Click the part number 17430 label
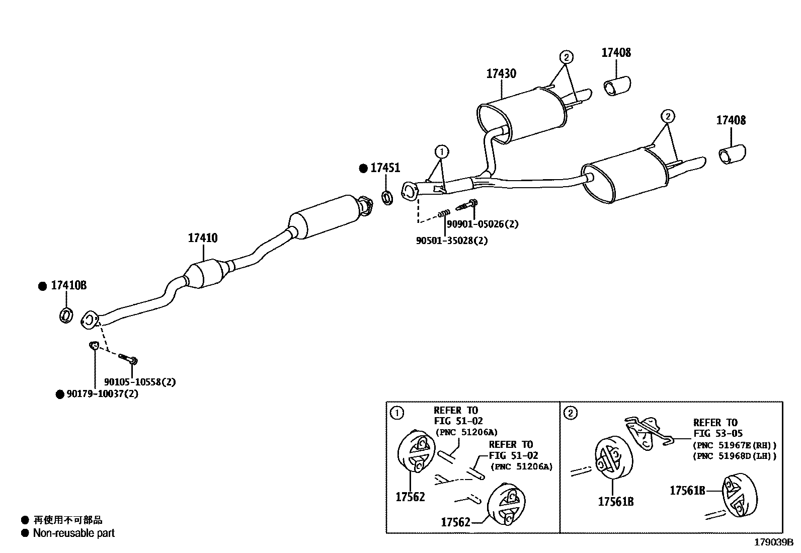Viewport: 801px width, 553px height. (501, 73)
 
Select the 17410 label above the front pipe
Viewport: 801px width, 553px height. (203, 238)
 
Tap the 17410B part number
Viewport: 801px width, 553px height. (69, 286)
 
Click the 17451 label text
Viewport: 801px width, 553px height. (385, 168)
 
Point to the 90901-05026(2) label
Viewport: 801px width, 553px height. (483, 224)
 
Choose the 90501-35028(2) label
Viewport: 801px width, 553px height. (452, 241)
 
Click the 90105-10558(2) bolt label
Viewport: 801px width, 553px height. (140, 382)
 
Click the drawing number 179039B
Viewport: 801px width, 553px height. (773, 542)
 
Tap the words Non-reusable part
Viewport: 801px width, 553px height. (73, 533)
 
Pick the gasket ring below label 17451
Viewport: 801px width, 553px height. (387, 197)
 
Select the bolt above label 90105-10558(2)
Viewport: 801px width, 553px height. (128, 359)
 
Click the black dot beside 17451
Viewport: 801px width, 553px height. (363, 169)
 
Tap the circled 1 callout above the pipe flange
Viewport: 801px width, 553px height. (441, 151)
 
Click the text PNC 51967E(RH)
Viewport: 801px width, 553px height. (735, 445)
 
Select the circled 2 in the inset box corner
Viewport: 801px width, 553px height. (570, 413)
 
